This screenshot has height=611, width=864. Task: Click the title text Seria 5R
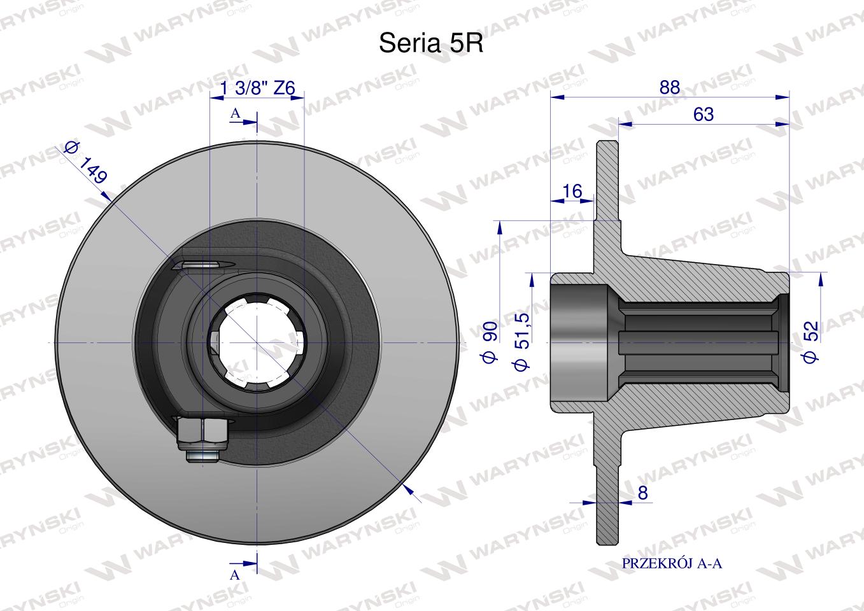pos(431,43)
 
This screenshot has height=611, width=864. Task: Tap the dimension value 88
pos(670,87)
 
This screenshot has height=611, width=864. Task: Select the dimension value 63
pos(704,115)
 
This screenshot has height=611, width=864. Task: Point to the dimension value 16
pos(572,191)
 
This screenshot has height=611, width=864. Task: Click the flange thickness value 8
pos(642,493)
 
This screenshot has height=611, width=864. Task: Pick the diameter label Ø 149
pos(85,163)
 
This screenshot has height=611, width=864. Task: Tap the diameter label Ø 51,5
pos(523,342)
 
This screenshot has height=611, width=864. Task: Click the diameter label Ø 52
pos(811,342)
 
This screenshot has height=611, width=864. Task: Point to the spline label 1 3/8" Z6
pos(257,88)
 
